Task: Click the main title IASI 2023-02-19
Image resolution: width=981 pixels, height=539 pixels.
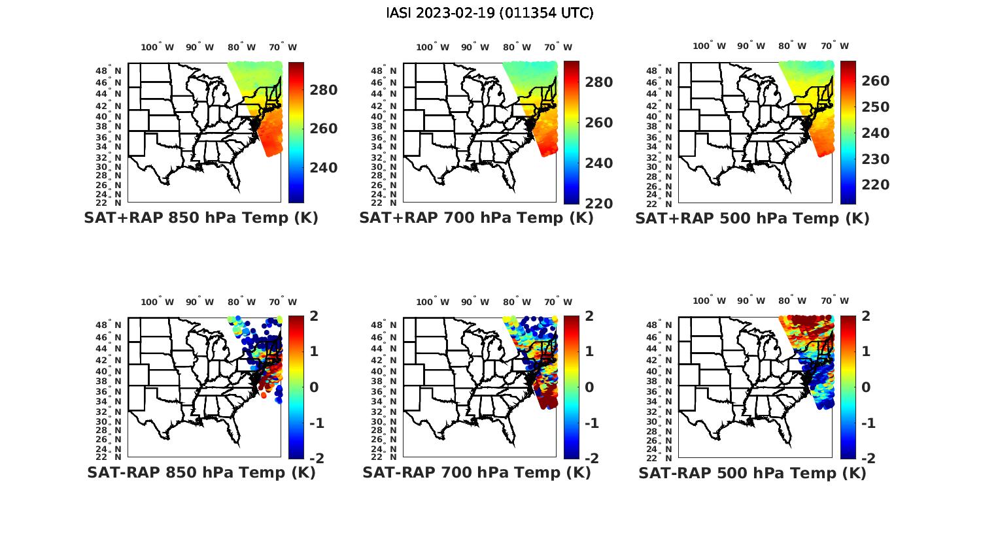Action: tap(490, 13)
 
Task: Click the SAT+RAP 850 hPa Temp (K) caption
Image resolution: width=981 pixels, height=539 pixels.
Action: tap(201, 218)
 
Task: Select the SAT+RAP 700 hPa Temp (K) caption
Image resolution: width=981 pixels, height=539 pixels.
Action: tap(476, 218)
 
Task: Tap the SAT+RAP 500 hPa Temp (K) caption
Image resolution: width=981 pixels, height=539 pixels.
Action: tap(752, 218)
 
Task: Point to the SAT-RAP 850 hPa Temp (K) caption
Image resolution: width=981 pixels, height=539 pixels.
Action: tap(201, 472)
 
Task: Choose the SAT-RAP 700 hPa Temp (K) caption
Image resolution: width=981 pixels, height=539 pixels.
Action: tap(476, 472)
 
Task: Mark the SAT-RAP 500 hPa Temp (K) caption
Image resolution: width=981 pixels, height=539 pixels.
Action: tap(752, 473)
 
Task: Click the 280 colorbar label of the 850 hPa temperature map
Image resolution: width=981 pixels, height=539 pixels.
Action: tap(323, 90)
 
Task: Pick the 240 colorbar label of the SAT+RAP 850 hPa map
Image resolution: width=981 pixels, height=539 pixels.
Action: tap(323, 168)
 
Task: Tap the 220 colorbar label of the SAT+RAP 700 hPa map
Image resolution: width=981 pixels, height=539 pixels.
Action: tap(598, 203)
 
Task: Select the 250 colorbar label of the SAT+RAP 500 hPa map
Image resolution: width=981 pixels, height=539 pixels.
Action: tap(875, 107)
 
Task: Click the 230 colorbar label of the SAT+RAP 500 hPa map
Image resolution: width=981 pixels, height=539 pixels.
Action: tap(875, 159)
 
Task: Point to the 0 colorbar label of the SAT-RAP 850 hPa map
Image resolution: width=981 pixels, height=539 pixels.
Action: tap(314, 387)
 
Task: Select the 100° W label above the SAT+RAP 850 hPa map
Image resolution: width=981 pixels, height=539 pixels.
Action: tap(157, 47)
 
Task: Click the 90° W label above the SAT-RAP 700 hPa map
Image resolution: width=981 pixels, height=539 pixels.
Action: tap(475, 302)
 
